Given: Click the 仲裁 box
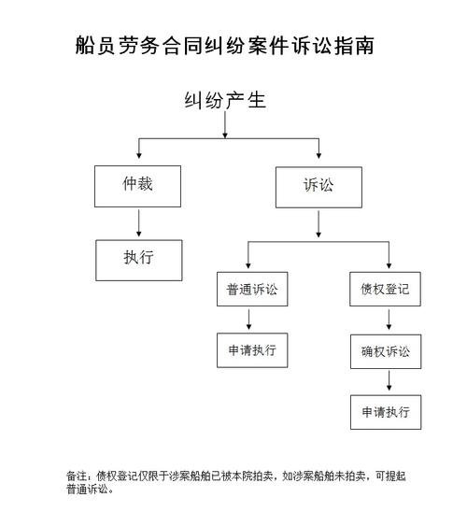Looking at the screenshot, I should [x=137, y=187].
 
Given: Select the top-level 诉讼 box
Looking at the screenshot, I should [x=318, y=187].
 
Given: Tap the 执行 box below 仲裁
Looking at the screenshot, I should [x=137, y=260].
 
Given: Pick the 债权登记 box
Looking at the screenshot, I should [x=385, y=289].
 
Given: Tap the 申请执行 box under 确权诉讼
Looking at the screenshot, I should [x=385, y=412].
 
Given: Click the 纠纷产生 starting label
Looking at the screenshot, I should [x=224, y=100].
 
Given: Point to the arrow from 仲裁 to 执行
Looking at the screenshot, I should [x=138, y=223].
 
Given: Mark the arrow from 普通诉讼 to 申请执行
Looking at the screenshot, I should [x=248, y=320].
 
